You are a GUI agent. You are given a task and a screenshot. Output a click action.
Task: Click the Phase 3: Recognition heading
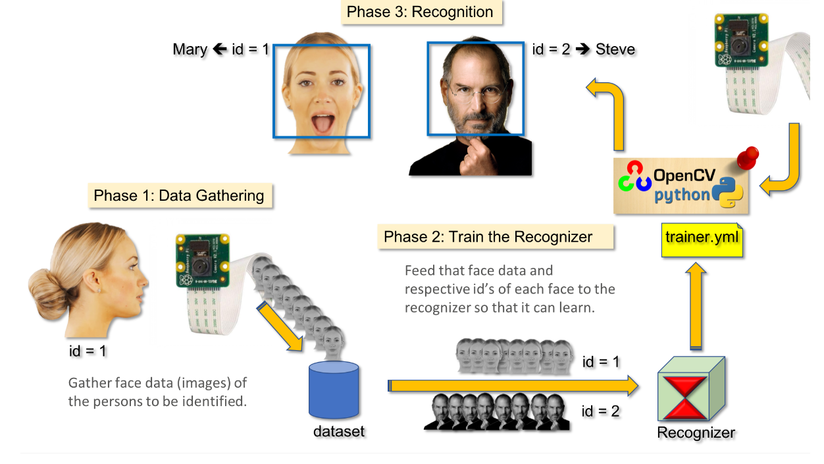pos(421,12)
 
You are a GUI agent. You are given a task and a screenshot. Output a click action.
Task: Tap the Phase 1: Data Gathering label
pos(180,195)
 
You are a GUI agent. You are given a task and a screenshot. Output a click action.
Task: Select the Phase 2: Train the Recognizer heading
pos(495,237)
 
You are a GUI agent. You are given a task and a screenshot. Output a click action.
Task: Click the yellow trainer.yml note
pos(702,240)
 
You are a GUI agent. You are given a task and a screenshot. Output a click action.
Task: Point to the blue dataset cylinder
pos(334,390)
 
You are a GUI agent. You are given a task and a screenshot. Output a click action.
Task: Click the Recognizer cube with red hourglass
pos(691,389)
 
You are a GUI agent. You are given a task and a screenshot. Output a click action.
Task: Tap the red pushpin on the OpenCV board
pos(748,158)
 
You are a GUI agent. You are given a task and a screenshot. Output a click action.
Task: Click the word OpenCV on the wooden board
pos(684,176)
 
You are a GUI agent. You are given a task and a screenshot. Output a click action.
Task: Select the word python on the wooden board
pos(682,195)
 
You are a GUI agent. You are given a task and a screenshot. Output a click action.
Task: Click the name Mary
pos(190,49)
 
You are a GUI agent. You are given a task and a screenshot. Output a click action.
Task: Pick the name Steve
pos(615,49)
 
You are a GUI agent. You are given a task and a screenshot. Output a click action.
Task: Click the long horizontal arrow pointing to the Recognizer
pos(513,386)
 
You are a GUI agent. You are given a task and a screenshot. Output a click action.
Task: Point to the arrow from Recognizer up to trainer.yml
pos(696,305)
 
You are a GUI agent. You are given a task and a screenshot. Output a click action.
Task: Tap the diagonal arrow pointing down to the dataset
pos(280,326)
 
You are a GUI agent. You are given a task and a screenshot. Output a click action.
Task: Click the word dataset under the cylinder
pos(339,432)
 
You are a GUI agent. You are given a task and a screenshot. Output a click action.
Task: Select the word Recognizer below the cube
pos(696,433)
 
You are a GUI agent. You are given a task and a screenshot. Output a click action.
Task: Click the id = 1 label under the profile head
pos(88,351)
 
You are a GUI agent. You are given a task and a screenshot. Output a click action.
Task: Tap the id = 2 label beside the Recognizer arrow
pos(600,411)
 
